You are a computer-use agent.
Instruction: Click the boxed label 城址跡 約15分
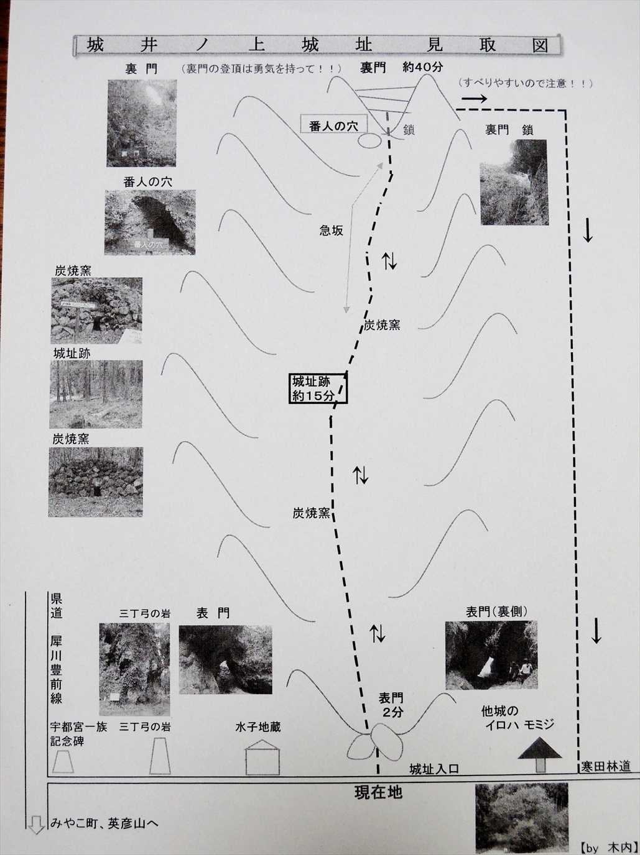(x=318, y=388)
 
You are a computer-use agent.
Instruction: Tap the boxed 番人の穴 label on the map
(x=333, y=125)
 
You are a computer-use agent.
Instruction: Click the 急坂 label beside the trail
(x=332, y=231)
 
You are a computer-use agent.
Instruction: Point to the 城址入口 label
(x=434, y=769)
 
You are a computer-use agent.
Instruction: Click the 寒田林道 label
(x=606, y=767)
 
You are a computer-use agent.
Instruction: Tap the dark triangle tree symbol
(x=540, y=749)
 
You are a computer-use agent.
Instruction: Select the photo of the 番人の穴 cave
(x=150, y=222)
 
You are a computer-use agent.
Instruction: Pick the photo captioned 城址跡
(x=96, y=394)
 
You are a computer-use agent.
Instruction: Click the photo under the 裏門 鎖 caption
(x=514, y=182)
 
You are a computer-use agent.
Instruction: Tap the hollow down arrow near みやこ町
(x=36, y=825)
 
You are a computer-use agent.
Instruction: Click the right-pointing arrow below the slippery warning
(x=475, y=99)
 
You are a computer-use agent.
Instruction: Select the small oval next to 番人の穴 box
(x=368, y=141)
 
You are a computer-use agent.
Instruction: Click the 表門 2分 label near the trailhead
(x=391, y=705)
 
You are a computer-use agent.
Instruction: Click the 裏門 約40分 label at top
(x=401, y=68)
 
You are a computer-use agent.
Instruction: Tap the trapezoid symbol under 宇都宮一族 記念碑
(x=63, y=762)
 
